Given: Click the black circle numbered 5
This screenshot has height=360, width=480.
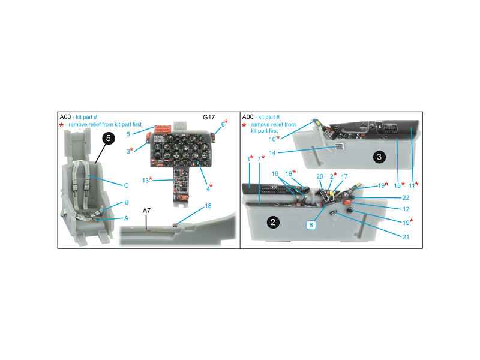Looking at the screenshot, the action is click(x=109, y=139).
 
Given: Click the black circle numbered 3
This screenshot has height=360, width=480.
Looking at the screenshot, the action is click(x=379, y=157).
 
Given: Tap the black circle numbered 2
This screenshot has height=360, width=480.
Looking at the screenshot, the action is click(x=273, y=222).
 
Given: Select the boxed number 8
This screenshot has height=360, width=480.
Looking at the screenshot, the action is click(x=311, y=225).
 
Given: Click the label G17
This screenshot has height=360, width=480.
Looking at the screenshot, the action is click(x=209, y=117).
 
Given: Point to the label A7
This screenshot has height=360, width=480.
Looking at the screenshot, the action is click(x=146, y=211).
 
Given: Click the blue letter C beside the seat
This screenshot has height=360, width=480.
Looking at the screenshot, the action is click(x=126, y=185).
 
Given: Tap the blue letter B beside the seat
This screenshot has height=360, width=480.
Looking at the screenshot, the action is click(x=127, y=202).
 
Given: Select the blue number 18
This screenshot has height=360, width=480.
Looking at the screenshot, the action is click(x=208, y=206).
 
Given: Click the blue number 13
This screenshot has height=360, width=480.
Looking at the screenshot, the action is click(x=145, y=181).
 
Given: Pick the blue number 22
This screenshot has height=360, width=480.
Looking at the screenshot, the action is click(x=406, y=198).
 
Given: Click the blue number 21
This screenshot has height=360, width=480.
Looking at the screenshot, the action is click(x=406, y=237).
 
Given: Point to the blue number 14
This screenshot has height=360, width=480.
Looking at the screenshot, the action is click(x=272, y=153).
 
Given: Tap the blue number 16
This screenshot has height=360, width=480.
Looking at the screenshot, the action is click(x=275, y=173).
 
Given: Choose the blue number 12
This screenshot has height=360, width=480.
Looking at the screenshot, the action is click(x=406, y=209).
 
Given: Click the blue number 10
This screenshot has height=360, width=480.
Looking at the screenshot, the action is click(x=272, y=139).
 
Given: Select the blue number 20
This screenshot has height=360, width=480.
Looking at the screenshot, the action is click(x=320, y=176).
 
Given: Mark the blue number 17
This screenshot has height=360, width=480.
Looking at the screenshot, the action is click(x=344, y=176).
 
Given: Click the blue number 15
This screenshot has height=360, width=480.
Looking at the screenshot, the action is click(x=397, y=185).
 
